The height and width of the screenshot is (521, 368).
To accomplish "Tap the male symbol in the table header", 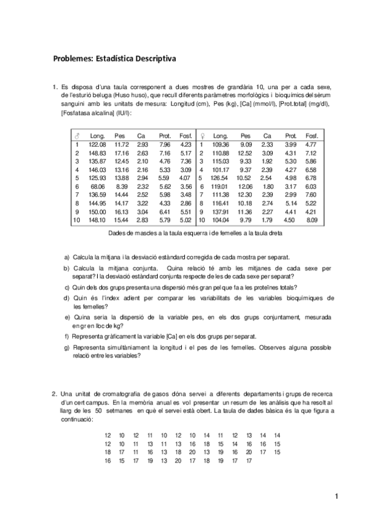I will (x=77, y=135).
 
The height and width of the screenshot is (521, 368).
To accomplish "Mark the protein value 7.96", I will (x=164, y=144).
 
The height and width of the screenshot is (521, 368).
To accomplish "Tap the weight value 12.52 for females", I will (x=245, y=152).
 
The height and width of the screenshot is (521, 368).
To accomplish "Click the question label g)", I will (x=66, y=347).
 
